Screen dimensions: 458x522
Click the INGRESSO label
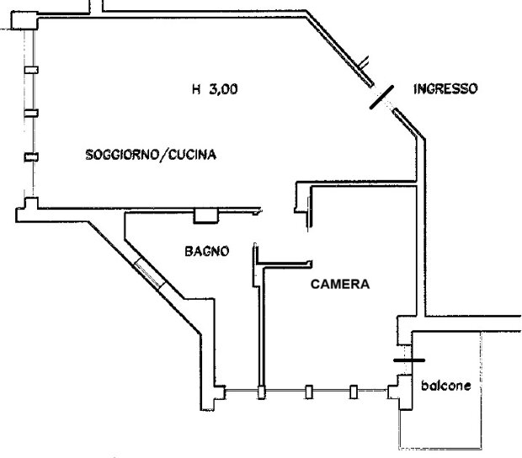coord(445,88)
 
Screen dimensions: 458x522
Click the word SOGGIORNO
coord(125,155)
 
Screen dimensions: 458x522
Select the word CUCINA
coord(193,155)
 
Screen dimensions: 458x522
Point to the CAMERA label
coord(340,285)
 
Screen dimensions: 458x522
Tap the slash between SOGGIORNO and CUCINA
coord(167,155)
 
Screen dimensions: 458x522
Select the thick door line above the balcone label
coord(409,359)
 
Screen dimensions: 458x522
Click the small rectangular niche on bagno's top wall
coord(205,216)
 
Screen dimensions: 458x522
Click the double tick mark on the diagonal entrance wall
coord(365,61)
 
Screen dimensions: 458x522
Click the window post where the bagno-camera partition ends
coord(262,391)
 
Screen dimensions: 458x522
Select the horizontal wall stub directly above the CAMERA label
coord(284,263)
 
